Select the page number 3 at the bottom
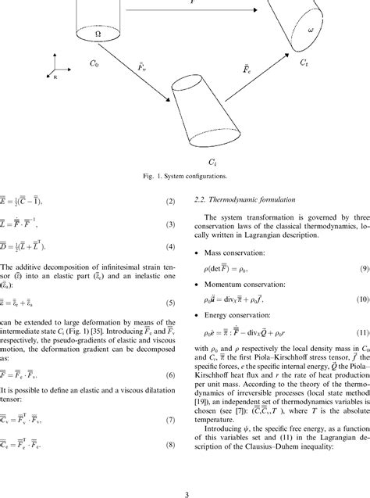186,492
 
